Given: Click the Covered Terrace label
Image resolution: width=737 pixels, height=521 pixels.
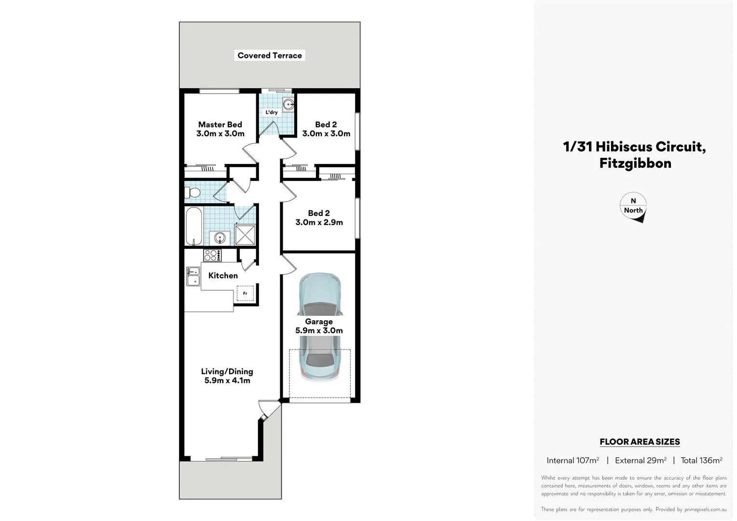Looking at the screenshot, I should point(270,55).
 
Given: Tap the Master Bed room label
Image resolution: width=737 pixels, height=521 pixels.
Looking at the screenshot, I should point(220,124).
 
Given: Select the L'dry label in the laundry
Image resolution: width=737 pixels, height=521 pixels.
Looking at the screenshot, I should point(272,112).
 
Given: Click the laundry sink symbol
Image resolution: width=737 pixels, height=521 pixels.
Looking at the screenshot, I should point(289,104).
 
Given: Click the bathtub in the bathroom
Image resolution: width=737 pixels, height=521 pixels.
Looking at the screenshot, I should point(193,226).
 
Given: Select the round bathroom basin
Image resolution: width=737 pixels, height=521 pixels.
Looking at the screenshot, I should point(219,238).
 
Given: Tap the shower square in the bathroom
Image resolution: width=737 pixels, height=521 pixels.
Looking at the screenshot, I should point(246,235).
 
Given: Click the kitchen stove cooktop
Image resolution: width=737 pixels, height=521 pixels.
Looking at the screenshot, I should point(212,255).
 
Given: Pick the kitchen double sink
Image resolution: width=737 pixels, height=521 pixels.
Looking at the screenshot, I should point(193,277).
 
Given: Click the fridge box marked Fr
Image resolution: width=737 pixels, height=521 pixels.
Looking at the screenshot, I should point(245,293).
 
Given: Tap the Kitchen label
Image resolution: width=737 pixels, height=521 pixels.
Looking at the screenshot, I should point(223,275).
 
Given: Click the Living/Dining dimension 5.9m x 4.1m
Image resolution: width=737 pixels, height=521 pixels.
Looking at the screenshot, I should point(227,381).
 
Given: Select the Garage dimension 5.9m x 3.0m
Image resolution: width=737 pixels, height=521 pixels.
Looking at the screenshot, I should point(319,330).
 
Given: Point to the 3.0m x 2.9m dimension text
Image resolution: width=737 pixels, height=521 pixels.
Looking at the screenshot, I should point(319,222).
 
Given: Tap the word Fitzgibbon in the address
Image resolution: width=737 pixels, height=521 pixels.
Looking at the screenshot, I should point(635,163).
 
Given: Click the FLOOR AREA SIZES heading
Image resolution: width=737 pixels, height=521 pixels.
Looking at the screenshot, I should point(640,441).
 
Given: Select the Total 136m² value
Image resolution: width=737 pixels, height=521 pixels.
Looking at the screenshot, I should point(701,460).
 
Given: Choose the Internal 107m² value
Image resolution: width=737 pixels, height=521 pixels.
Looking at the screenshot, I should point(573,460).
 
